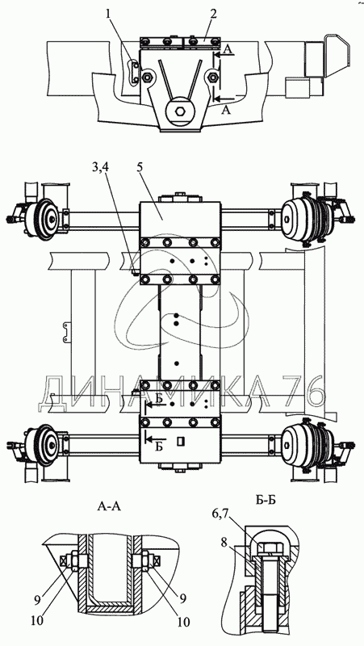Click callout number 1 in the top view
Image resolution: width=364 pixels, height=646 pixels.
[108, 15]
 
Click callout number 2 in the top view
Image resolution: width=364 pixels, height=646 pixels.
[212, 15]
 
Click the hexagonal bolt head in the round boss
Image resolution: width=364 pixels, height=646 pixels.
[180, 111]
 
